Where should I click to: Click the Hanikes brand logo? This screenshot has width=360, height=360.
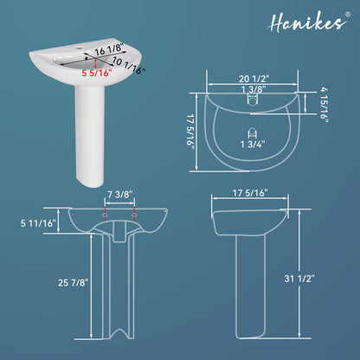click(x=307, y=22)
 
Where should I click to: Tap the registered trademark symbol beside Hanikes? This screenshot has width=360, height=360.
click(x=348, y=14)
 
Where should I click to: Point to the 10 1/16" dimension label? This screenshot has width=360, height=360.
click(x=129, y=66)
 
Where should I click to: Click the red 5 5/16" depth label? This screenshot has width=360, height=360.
click(x=96, y=73)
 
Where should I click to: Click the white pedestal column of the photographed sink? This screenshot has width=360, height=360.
click(x=90, y=136)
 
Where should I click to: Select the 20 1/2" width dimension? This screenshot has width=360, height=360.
click(x=254, y=79)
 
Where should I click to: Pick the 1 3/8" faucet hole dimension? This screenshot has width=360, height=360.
click(x=254, y=89)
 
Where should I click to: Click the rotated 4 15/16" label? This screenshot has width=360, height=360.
click(x=325, y=105)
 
